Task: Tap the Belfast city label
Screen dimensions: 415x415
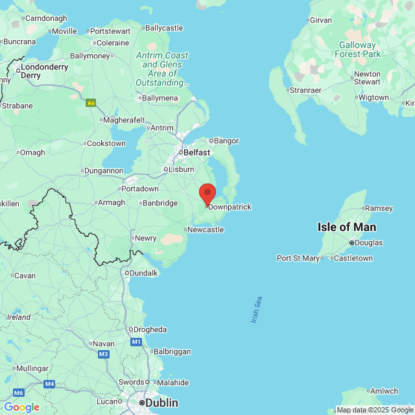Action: (196, 152)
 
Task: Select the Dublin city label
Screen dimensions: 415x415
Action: (161, 403)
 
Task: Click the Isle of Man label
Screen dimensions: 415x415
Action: (347, 227)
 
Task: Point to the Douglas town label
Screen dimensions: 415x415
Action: (369, 243)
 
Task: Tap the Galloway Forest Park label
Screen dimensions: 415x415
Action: (358, 50)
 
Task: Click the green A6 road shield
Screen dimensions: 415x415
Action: (91, 102)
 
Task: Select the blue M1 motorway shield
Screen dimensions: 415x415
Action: (136, 342)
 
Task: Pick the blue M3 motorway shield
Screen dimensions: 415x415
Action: (104, 354)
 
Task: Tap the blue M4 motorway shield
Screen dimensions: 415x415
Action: (49, 384)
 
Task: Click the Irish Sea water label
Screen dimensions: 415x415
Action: (256, 311)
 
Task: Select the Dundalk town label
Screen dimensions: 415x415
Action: (144, 273)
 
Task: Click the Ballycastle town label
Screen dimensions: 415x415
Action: (165, 28)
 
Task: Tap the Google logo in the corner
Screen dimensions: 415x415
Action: (21, 407)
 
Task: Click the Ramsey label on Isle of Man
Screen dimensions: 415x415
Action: (379, 208)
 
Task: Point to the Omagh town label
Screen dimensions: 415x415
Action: (32, 153)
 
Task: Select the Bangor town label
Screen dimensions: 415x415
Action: (226, 141)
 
